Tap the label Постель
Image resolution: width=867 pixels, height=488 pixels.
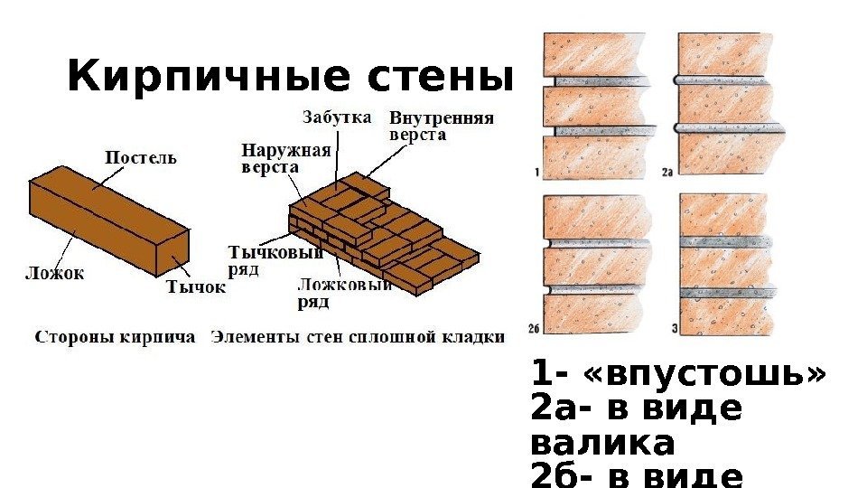point(142,157)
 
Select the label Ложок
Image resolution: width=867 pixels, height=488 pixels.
point(55,271)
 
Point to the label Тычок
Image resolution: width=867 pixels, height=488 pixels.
point(195,287)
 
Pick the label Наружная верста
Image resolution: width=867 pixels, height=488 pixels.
point(286,159)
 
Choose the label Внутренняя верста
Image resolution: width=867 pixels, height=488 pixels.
point(441,127)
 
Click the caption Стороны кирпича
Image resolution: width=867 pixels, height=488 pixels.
point(115,337)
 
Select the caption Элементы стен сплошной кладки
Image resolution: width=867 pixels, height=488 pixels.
point(358,337)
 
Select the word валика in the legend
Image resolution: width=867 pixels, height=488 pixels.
point(603,445)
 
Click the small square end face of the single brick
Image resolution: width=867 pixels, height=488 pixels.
point(174,250)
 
